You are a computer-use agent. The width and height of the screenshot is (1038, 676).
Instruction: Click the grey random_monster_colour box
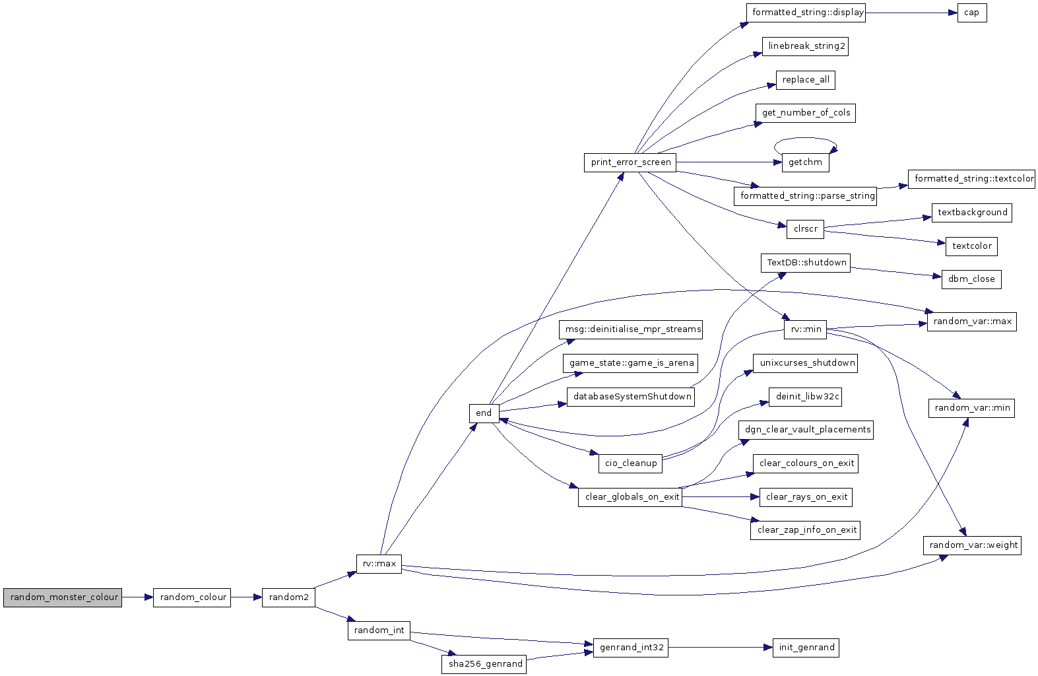[x=63, y=597]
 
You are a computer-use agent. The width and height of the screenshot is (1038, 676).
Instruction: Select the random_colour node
[x=192, y=597]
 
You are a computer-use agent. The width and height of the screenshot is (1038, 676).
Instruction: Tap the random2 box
[x=288, y=597]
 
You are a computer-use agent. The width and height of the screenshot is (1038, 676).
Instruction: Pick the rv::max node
[x=379, y=564]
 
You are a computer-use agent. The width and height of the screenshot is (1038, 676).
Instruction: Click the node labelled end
[x=484, y=413]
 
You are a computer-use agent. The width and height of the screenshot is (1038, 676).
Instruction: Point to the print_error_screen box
[x=630, y=162]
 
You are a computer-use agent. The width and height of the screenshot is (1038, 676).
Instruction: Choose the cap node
[x=972, y=13]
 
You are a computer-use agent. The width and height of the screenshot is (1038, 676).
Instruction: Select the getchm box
[x=805, y=162]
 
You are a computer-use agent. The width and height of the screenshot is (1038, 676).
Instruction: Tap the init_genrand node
[x=806, y=647]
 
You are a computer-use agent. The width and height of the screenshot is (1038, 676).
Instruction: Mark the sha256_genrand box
[x=484, y=664]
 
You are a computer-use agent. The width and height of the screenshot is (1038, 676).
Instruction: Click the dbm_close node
[x=971, y=279]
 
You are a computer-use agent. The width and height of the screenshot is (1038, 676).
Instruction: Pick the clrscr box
[x=805, y=229]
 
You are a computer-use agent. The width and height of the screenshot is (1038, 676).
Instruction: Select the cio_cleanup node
[x=630, y=463]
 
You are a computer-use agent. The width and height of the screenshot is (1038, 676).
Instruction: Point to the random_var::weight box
[x=972, y=545]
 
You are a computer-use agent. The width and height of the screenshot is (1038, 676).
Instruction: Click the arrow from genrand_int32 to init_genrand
[x=721, y=647]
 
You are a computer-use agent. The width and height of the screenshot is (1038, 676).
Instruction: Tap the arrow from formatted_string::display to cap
[x=911, y=13]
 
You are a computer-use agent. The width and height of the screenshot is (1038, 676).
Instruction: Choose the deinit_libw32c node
[x=805, y=397]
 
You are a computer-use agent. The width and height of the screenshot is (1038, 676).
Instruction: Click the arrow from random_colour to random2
[x=247, y=597]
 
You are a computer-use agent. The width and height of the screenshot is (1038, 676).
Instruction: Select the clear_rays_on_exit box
[x=806, y=497]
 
